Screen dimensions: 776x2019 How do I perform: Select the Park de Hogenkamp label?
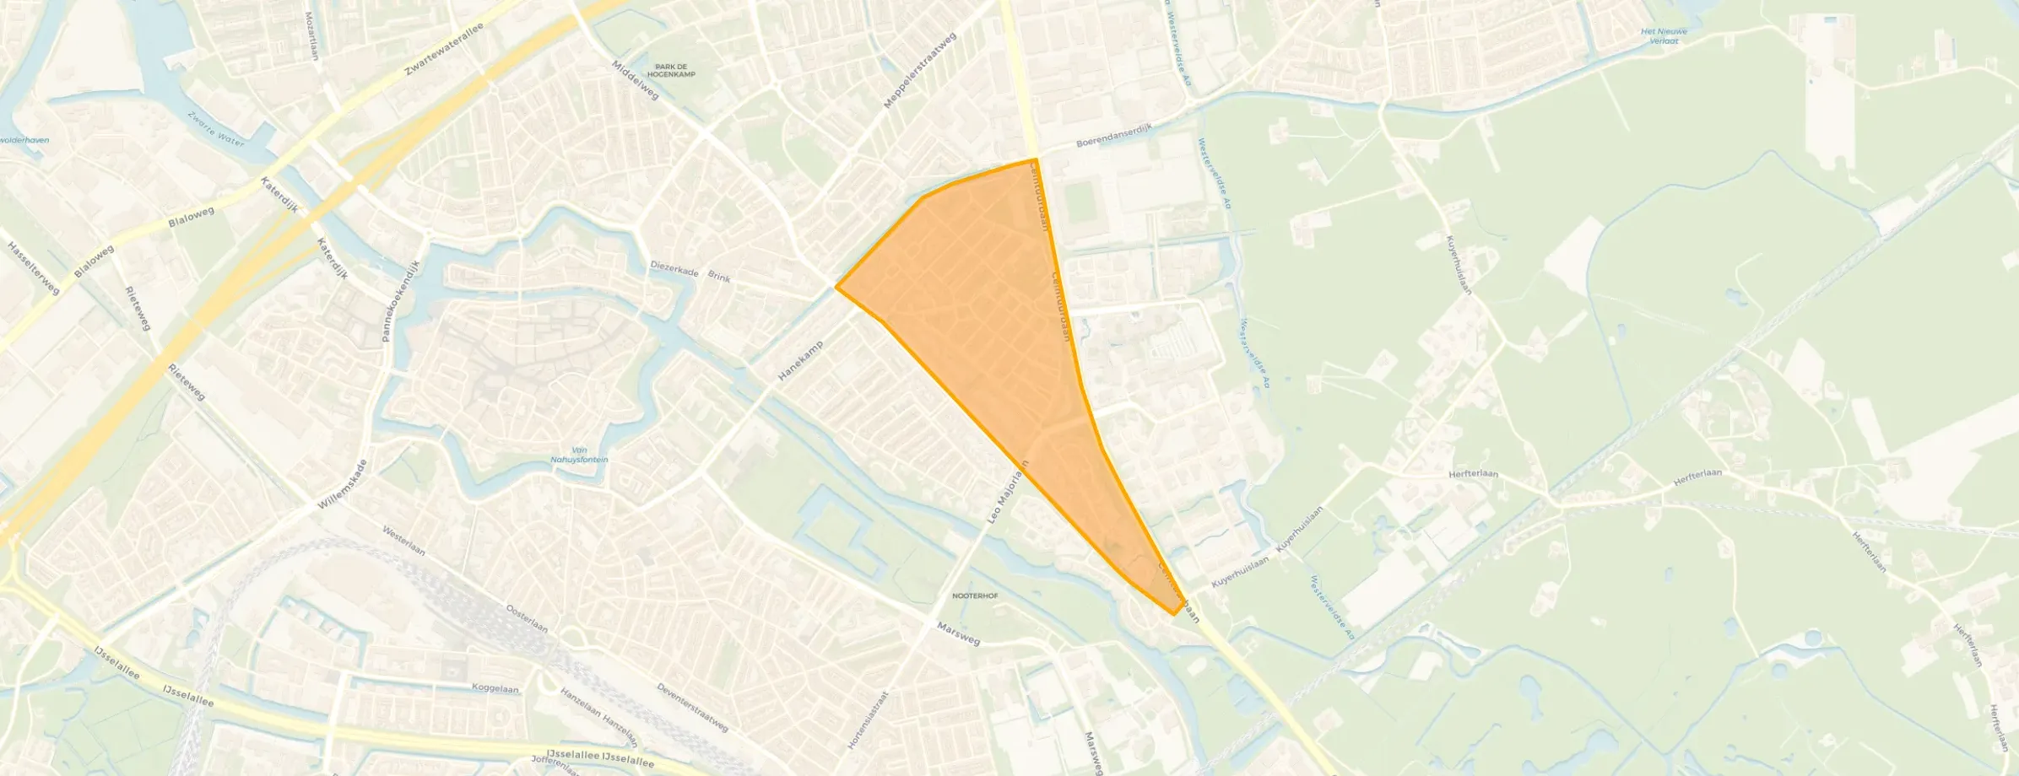pyautogui.click(x=675, y=71)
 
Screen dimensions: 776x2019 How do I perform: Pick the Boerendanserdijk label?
pyautogui.click(x=1113, y=136)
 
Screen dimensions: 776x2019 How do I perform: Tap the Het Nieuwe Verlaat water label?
pyautogui.click(x=1664, y=35)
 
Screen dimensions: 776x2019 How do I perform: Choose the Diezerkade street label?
pyautogui.click(x=674, y=267)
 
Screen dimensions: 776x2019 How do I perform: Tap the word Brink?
pyautogui.click(x=719, y=277)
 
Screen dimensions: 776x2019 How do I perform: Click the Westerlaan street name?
pyautogui.click(x=403, y=541)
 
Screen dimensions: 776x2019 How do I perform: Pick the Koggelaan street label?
pyautogui.click(x=495, y=689)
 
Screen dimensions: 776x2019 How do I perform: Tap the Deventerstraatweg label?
pyautogui.click(x=692, y=707)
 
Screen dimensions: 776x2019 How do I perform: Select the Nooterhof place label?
pyautogui.click(x=975, y=595)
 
